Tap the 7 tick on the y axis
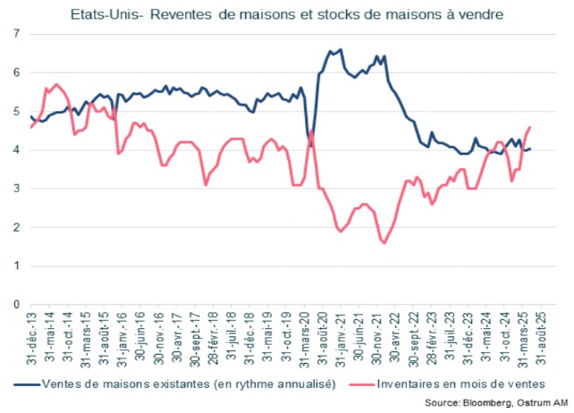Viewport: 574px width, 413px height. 16,34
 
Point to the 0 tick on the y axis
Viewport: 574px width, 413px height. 16,305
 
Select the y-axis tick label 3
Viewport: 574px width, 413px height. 16,189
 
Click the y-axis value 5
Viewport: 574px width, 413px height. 16,112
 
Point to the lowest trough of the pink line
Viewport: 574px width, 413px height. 384,242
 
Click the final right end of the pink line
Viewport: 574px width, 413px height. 530,127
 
